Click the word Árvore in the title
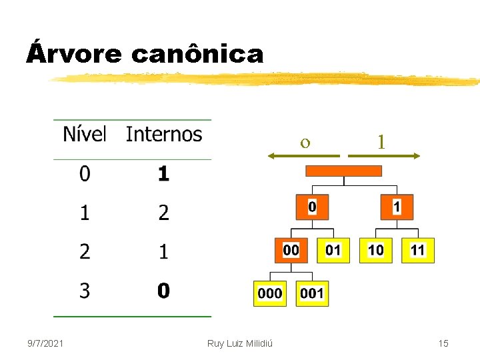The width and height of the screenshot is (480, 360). (73, 53)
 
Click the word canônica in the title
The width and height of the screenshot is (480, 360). (197, 53)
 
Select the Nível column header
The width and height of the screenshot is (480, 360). (85, 134)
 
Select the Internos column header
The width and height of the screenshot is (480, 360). (163, 134)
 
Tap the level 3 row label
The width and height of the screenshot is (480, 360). (85, 291)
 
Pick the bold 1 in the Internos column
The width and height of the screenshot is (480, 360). (163, 174)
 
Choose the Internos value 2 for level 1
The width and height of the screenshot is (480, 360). (163, 213)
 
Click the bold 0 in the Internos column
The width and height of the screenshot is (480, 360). (163, 291)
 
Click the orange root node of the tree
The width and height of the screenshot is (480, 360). (343, 171)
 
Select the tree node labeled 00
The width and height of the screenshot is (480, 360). (291, 250)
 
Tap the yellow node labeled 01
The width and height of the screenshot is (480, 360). (333, 250)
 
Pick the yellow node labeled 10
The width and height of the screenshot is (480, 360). (376, 250)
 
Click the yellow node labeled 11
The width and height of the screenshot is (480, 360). (418, 250)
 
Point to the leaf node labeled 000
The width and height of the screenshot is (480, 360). (270, 293)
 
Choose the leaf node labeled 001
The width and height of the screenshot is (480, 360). (313, 293)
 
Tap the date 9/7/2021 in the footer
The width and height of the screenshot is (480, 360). (46, 343)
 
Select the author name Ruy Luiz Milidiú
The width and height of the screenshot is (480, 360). (244, 343)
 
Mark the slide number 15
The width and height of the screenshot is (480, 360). (443, 343)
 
